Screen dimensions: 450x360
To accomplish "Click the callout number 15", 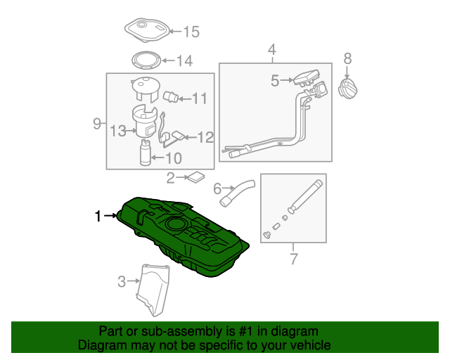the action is (191, 31).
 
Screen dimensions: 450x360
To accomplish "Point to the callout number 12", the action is (205, 137).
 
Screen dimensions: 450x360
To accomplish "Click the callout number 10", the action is (173, 158).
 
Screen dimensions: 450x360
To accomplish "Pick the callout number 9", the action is (97, 124).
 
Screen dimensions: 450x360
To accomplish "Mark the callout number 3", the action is (121, 282).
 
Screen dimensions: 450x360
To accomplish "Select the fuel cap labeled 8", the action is (348, 91).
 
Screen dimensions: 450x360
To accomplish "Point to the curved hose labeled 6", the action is (236, 193).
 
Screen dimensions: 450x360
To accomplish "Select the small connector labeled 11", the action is (171, 96).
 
